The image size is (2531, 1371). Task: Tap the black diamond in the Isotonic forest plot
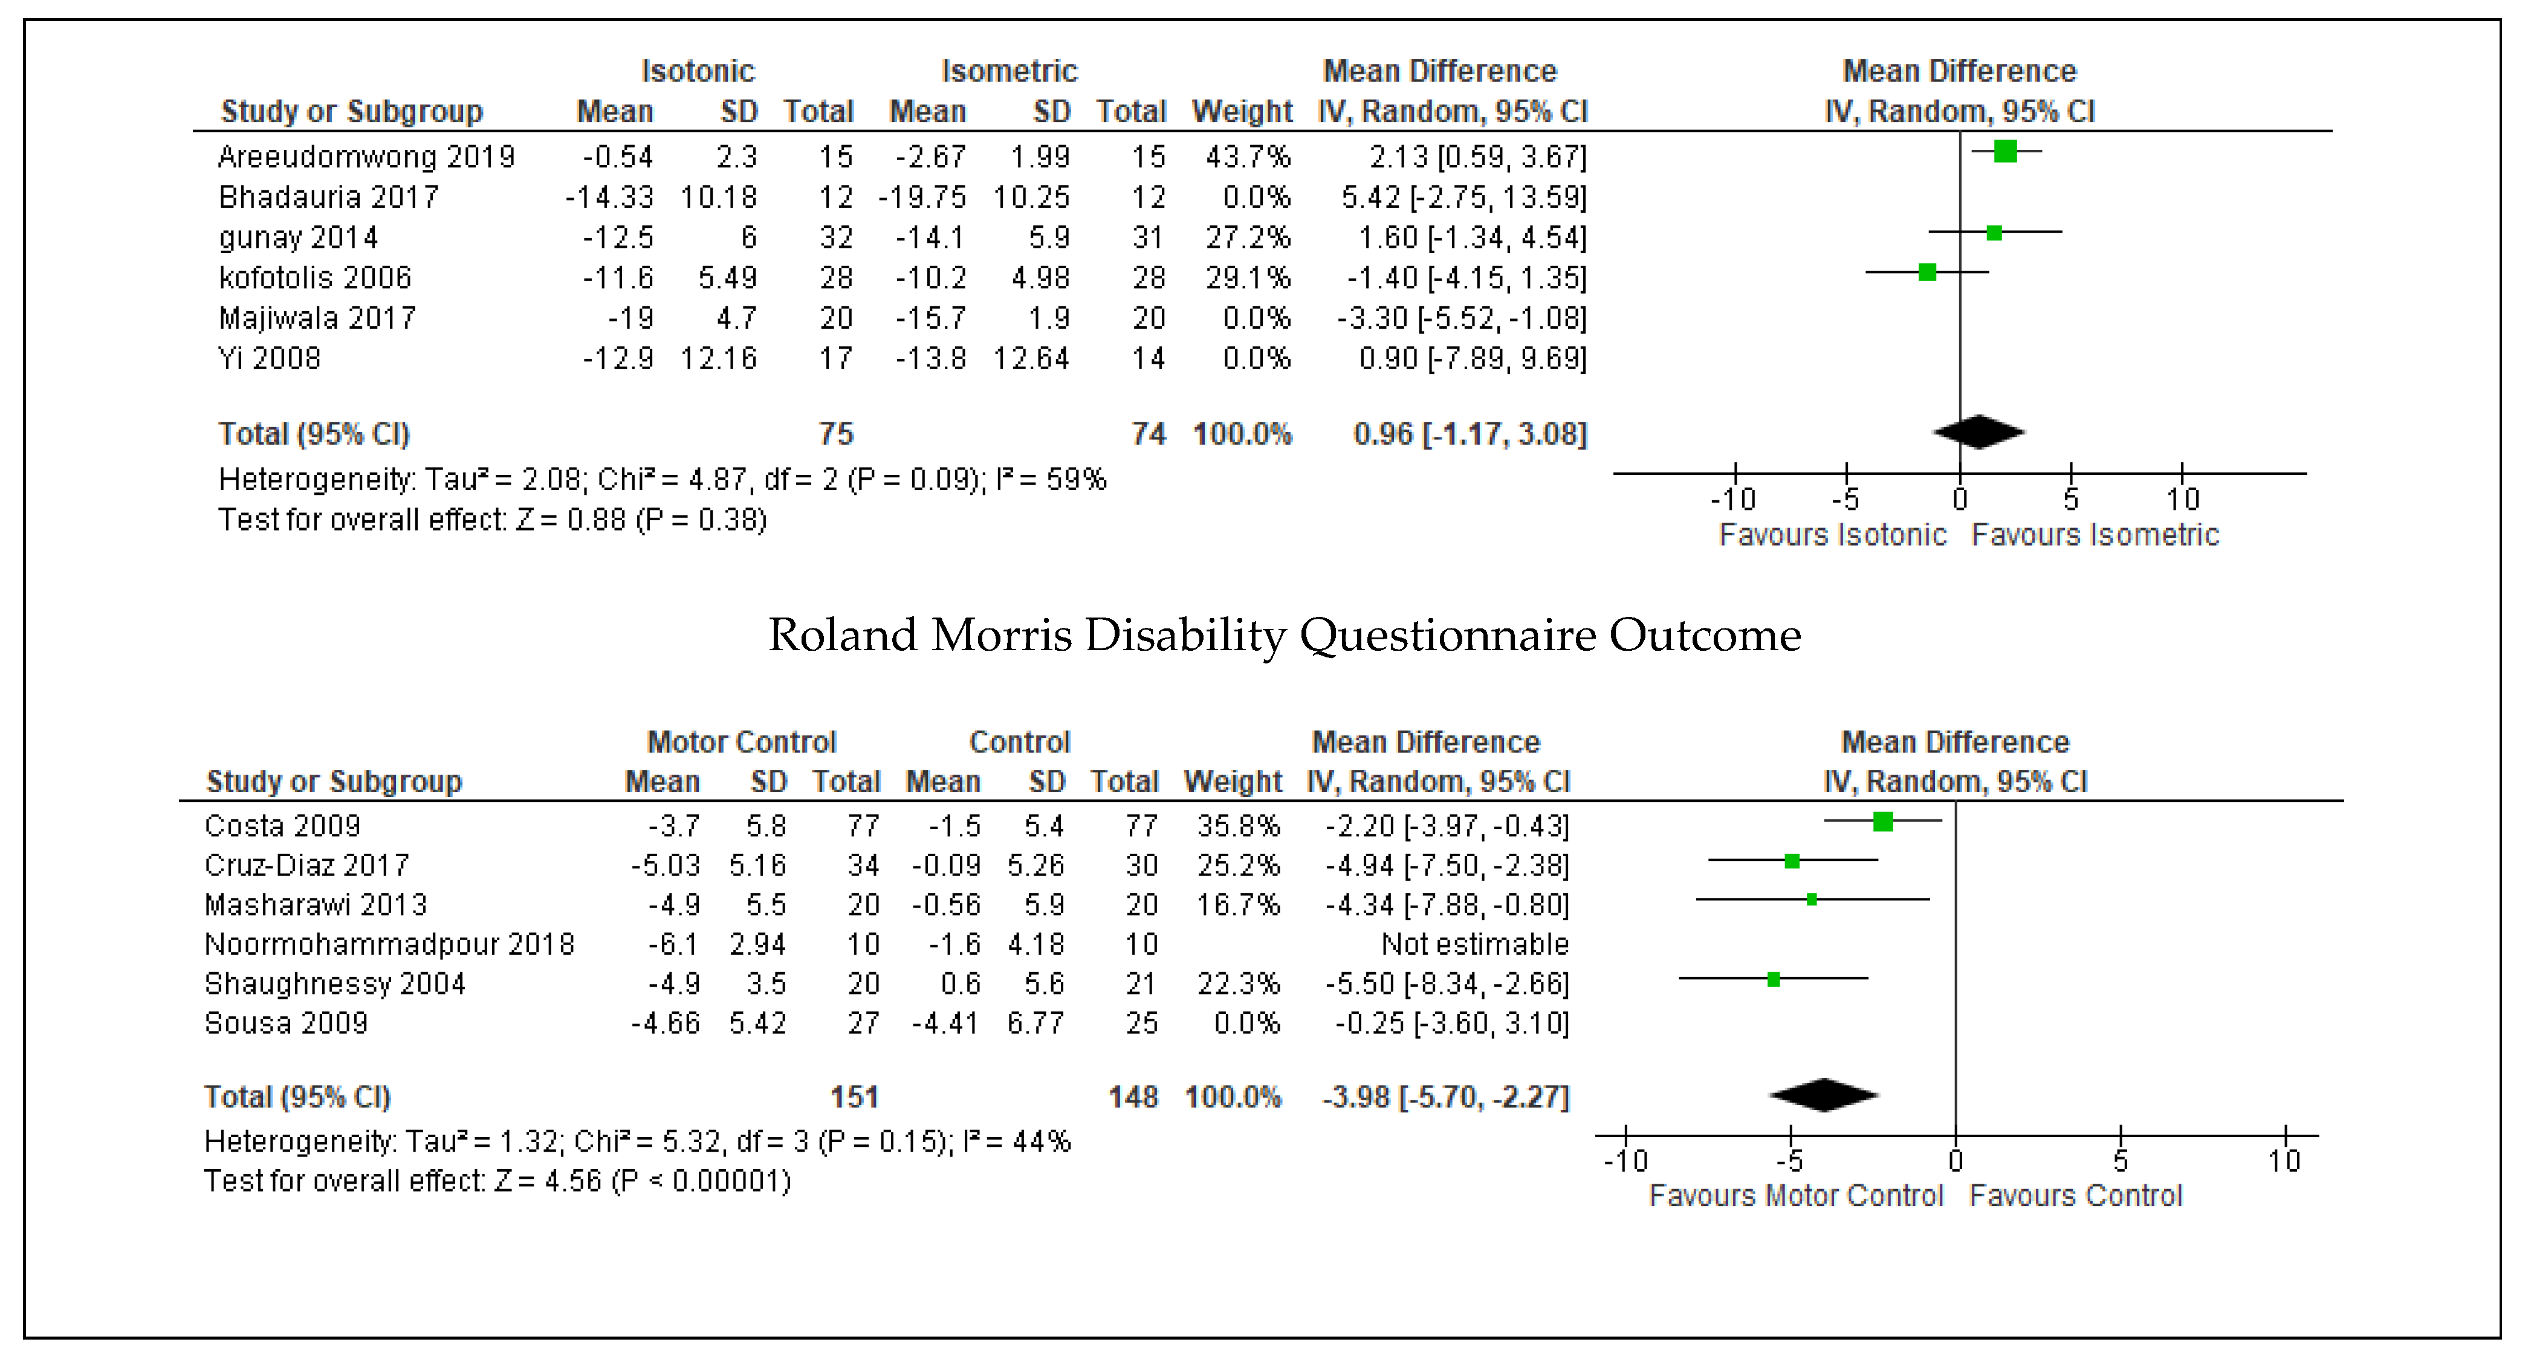(x=1980, y=432)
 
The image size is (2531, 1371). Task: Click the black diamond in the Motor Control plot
(x=1824, y=1095)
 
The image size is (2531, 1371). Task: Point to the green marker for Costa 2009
(x=1882, y=821)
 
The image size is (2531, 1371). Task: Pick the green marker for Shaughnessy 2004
(x=1774, y=979)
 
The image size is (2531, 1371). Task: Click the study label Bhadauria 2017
(x=328, y=198)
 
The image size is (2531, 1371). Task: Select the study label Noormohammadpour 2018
(x=389, y=945)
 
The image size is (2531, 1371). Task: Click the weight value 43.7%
(x=1248, y=157)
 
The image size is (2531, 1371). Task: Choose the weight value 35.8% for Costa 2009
(x=1238, y=826)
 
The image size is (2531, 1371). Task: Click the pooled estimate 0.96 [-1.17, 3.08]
(x=1470, y=434)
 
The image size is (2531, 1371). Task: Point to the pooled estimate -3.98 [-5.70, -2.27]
(x=1445, y=1097)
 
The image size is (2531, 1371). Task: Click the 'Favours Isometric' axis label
(x=2095, y=535)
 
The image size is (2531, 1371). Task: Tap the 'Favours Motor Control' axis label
(x=1795, y=1196)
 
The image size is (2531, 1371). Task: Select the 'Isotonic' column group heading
(x=698, y=71)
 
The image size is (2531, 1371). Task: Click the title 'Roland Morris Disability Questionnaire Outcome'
(x=1284, y=636)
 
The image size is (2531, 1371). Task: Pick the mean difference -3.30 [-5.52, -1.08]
(x=1461, y=318)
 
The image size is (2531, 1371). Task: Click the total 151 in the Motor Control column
(x=854, y=1097)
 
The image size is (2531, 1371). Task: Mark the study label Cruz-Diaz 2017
(x=306, y=865)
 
